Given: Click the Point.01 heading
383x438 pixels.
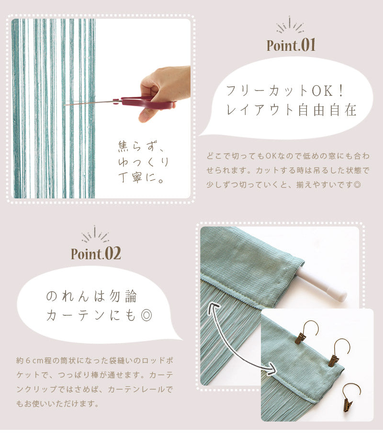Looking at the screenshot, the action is coord(291,45).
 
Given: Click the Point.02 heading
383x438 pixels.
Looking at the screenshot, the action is coord(96,254).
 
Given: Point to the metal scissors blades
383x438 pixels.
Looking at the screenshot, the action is coord(90,103).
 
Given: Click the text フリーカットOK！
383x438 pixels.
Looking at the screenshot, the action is coord(285,91).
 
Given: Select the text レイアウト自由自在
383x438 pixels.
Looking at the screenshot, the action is coord(291,110).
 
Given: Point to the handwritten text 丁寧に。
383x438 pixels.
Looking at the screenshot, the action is coord(140,177).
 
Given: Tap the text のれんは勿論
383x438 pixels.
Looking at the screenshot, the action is coord(91,296).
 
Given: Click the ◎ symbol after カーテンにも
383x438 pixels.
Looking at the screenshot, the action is coord(146,315).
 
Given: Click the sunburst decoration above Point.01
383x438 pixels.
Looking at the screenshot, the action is coord(290,24).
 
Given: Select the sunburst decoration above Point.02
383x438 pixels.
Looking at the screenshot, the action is coord(95,234).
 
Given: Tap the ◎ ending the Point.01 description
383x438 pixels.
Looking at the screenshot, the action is coord(357,184).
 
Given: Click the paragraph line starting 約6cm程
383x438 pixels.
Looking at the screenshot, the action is coord(95,361).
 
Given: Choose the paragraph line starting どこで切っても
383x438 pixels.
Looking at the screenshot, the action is coord(288,156).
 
